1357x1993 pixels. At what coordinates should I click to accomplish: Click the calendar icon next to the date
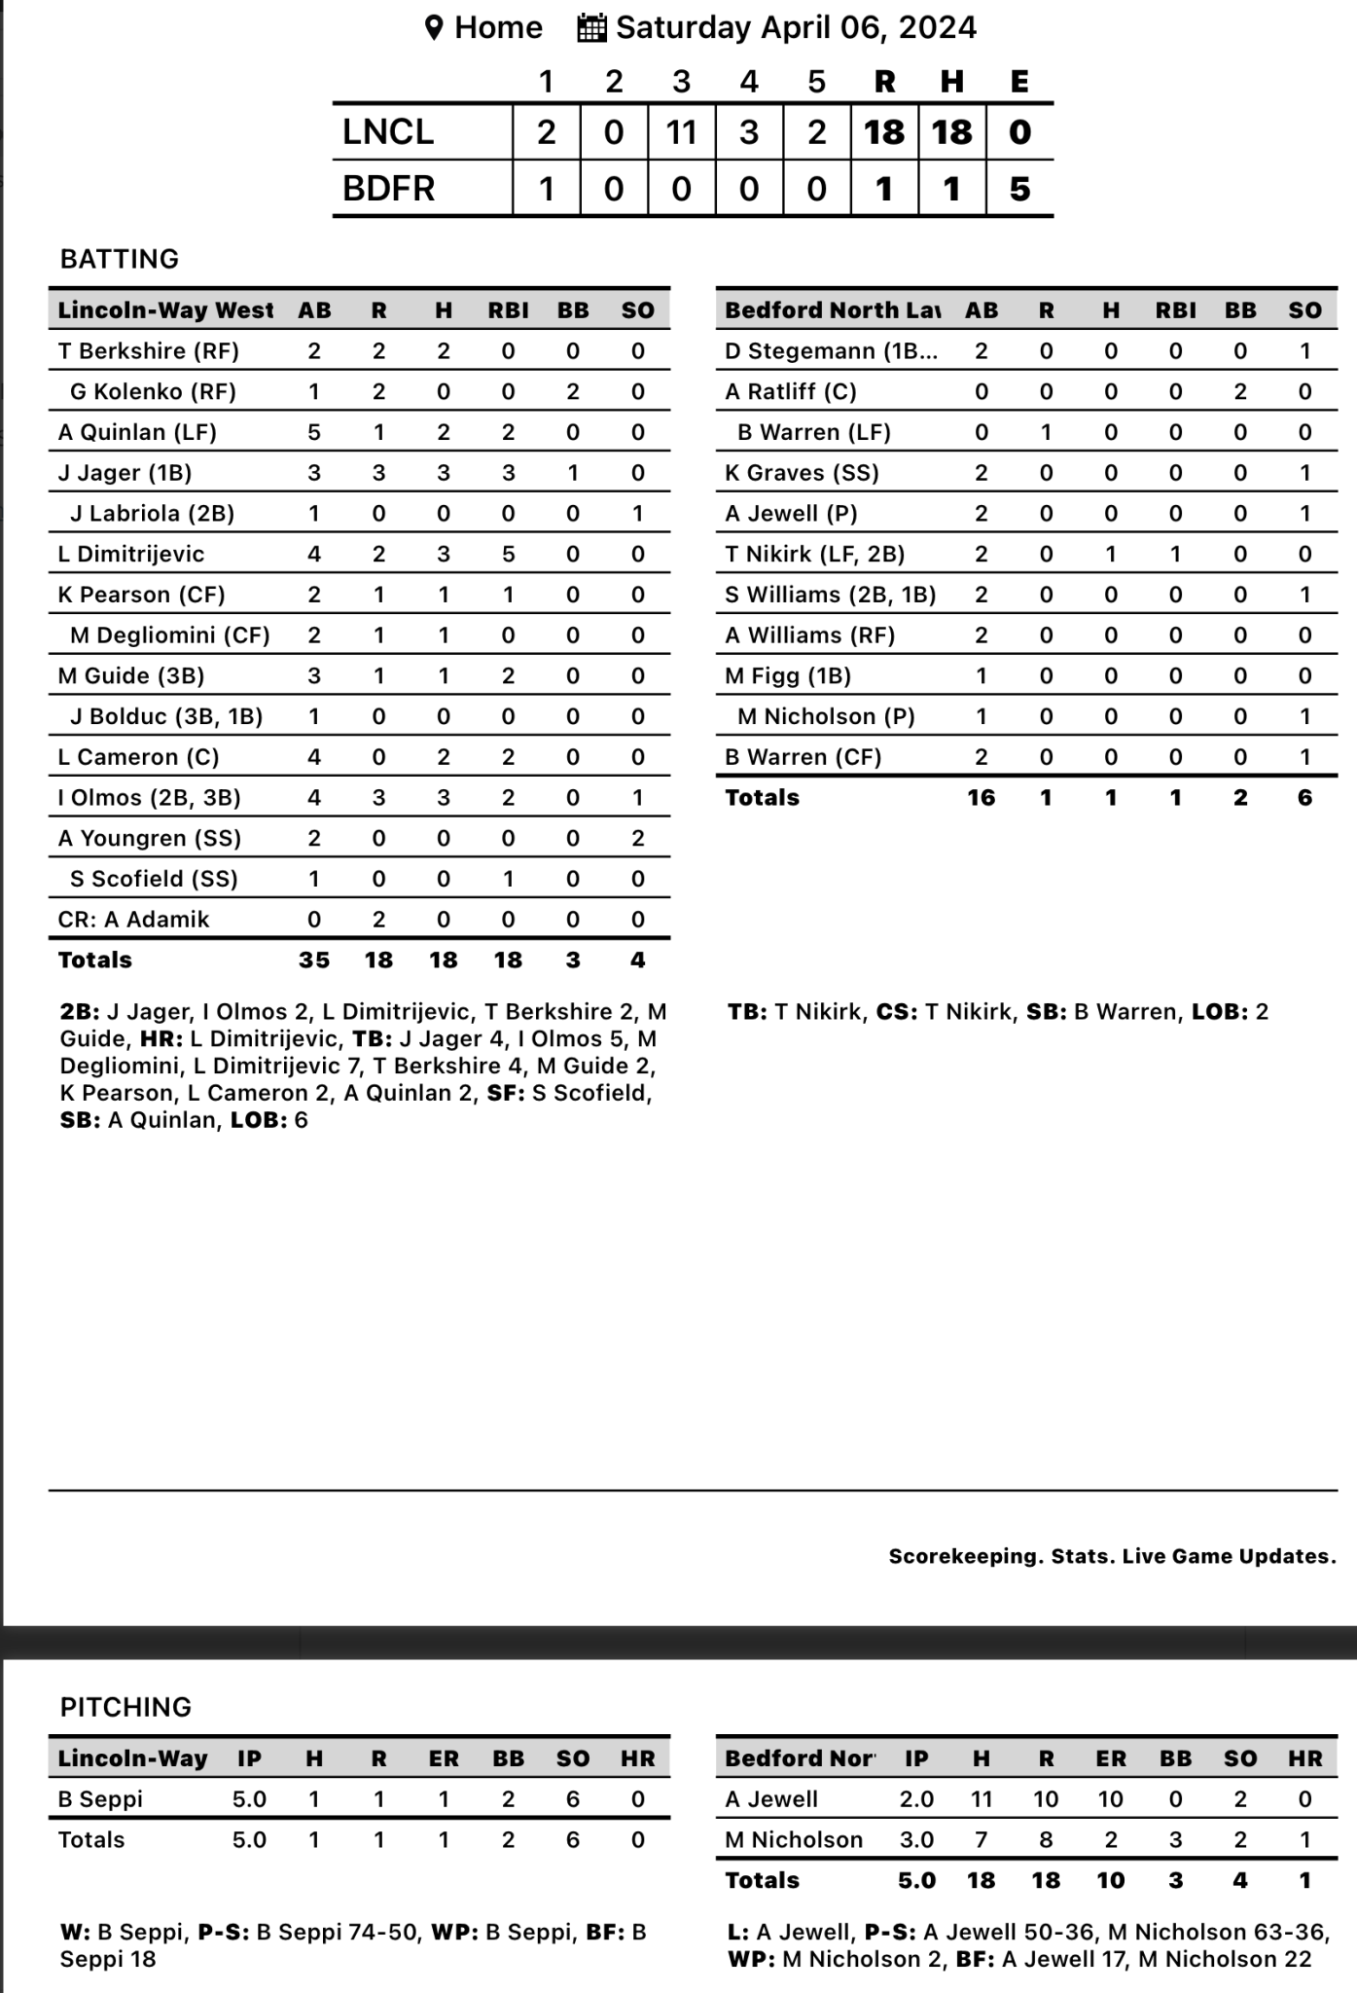click(x=591, y=27)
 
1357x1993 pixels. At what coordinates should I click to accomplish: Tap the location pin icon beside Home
click(x=434, y=27)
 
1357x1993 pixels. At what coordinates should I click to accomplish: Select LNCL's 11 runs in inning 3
click(x=681, y=132)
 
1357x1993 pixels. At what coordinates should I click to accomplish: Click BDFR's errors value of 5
click(x=1019, y=189)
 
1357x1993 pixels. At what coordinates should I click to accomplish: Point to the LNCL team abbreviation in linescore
click(x=388, y=132)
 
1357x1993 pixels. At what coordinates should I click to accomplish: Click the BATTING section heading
click(x=120, y=259)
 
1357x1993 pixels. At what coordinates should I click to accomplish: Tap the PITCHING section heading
click(x=125, y=1707)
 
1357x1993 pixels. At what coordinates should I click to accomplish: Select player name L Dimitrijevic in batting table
click(x=131, y=555)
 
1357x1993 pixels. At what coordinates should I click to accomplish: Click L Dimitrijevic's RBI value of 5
click(x=508, y=555)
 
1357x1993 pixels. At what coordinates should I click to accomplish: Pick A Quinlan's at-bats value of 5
click(x=314, y=432)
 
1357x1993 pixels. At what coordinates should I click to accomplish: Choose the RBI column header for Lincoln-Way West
click(x=508, y=310)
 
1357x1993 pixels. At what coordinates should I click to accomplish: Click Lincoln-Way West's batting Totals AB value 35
click(x=314, y=960)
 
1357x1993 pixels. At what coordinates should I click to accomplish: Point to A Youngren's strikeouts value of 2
click(x=637, y=839)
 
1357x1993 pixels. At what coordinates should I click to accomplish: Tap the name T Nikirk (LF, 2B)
click(x=814, y=555)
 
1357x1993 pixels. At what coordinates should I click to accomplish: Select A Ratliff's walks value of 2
click(x=1240, y=392)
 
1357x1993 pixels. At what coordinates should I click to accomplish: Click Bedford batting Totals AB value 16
click(x=981, y=798)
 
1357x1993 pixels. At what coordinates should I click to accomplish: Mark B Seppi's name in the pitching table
click(x=100, y=1799)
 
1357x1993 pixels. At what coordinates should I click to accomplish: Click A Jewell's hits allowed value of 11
click(x=981, y=1799)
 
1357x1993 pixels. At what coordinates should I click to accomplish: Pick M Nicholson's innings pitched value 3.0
click(x=916, y=1840)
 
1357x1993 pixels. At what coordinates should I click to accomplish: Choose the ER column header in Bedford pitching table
click(x=1111, y=1758)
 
